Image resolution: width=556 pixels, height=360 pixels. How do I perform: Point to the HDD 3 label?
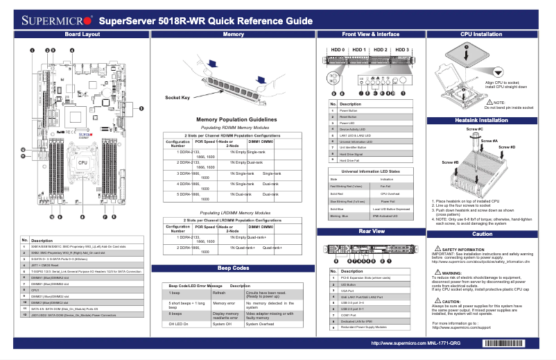pyautogui.click(x=402, y=50)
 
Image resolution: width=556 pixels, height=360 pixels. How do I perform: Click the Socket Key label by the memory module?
pyautogui.click(x=177, y=98)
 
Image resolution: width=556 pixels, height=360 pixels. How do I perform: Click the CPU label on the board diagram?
pyautogui.click(x=82, y=162)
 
